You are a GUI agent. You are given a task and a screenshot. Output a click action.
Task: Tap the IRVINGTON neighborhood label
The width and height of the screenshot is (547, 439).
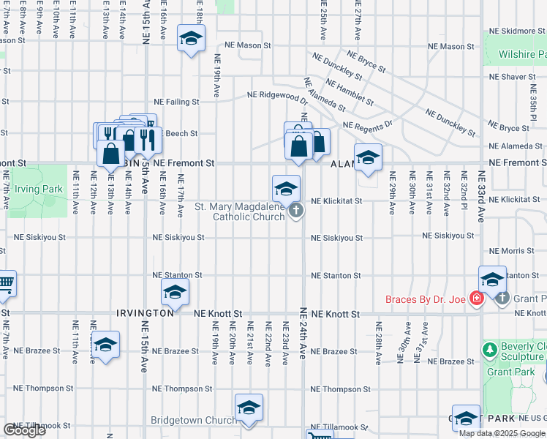tap(145, 312)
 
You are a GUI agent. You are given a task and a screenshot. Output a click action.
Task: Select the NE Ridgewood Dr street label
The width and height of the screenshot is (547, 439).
tap(277, 95)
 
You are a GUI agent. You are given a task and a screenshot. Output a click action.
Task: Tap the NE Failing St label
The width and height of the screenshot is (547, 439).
tap(176, 102)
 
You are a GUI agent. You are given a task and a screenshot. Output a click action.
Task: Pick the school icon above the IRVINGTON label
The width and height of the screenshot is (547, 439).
tap(175, 292)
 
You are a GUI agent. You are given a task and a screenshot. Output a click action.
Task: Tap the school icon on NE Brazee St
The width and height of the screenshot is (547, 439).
tap(105, 345)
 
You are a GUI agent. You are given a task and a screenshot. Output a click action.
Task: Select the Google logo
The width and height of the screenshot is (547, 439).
tap(24, 430)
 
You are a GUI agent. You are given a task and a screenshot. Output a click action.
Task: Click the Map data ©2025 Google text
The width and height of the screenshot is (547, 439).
tap(501, 433)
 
